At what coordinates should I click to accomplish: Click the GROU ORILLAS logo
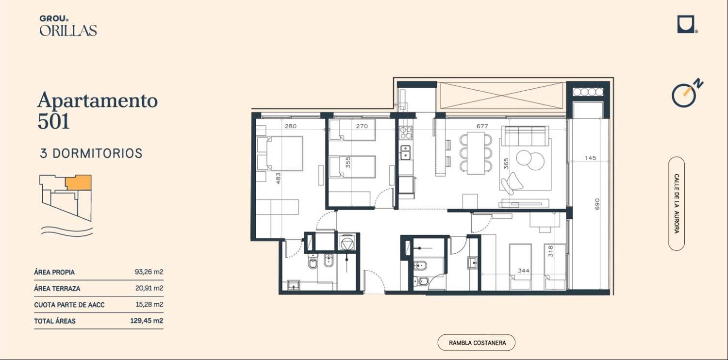(x=68, y=26)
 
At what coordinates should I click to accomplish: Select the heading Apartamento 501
(x=98, y=110)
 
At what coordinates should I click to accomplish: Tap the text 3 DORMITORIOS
(x=91, y=153)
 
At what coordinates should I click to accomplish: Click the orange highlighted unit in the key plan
(x=78, y=182)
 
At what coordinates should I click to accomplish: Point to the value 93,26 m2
(x=149, y=272)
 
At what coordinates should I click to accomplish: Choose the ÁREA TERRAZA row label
(x=57, y=289)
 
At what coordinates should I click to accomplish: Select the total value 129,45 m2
(x=147, y=321)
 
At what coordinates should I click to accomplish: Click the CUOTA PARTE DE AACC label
(x=69, y=305)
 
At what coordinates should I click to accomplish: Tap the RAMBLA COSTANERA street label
(x=477, y=343)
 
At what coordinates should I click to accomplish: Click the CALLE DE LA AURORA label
(x=677, y=204)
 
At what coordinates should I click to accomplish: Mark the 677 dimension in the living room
(x=482, y=126)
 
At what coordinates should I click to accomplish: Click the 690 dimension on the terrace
(x=596, y=204)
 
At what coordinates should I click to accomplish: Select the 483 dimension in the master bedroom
(x=278, y=179)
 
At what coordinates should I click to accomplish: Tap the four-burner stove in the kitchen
(x=406, y=133)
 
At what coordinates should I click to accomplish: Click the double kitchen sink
(x=405, y=153)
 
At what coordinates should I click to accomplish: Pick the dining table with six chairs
(x=476, y=153)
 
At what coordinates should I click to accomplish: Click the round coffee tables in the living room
(x=530, y=160)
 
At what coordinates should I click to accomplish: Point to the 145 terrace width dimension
(x=591, y=158)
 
